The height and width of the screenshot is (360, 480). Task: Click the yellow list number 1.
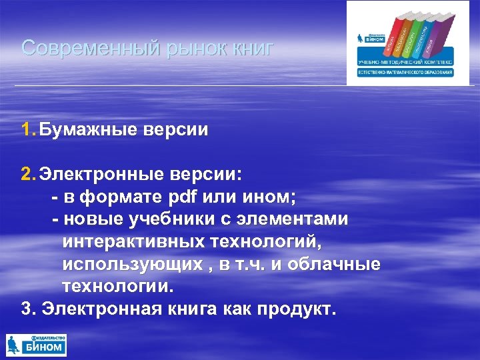(x=27, y=129)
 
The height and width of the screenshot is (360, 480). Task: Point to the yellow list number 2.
(x=27, y=175)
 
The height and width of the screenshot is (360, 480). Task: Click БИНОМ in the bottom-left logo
(x=44, y=347)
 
